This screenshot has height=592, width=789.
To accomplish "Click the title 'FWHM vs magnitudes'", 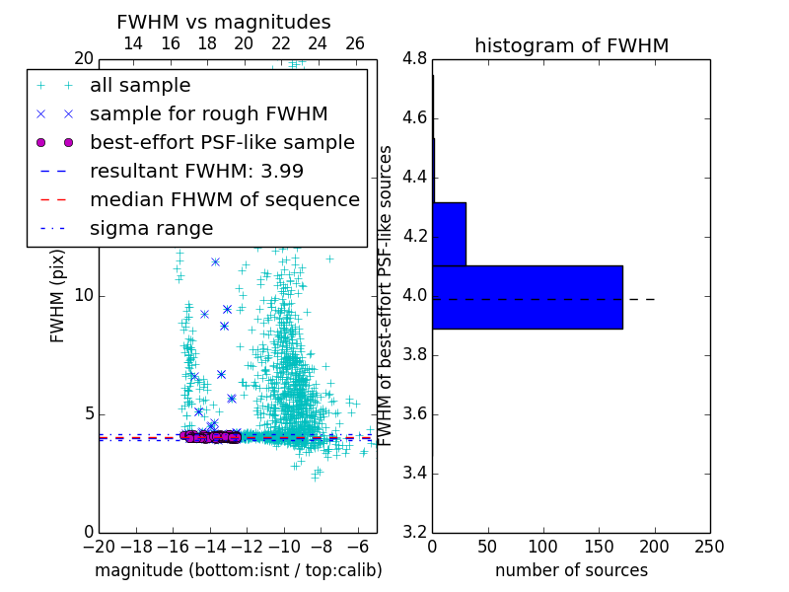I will [224, 22].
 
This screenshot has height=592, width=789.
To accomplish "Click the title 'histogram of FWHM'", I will [571, 45].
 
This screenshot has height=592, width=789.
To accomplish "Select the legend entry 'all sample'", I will [140, 86].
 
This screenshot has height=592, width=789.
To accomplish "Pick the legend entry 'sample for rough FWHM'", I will [208, 114].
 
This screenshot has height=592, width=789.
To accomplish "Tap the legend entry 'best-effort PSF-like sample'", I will [222, 143].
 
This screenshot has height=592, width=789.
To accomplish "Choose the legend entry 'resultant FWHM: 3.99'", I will [196, 172].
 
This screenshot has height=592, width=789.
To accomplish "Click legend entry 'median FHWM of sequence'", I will [224, 200].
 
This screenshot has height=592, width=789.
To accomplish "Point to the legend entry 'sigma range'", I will [151, 229].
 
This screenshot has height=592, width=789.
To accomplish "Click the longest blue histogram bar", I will [528, 297].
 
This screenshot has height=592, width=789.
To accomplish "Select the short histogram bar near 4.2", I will [449, 234].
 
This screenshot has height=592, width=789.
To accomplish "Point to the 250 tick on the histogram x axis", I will [709, 547].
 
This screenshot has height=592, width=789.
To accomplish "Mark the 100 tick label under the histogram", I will [543, 547].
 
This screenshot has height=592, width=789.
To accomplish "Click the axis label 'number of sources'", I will [571, 571].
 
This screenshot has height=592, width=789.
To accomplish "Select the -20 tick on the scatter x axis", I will [99, 547].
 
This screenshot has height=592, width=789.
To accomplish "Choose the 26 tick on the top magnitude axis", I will [355, 43].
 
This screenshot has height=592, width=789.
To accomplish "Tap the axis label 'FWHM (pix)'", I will [58, 296].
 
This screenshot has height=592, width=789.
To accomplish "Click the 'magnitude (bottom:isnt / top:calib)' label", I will [238, 571].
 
